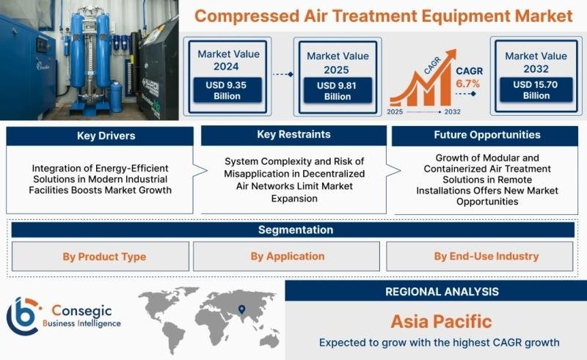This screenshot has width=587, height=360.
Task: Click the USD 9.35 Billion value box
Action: click(x=227, y=90)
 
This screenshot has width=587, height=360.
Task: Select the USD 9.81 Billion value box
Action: click(x=338, y=91)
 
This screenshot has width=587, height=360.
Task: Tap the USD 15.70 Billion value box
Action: click(x=536, y=89)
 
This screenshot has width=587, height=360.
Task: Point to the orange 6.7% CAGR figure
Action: click(x=467, y=84)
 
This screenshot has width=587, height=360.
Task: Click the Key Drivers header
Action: click(x=100, y=136)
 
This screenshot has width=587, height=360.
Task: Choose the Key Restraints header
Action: click(x=293, y=135)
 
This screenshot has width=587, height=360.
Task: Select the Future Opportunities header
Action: click(x=485, y=136)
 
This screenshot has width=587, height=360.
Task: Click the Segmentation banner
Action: click(x=293, y=229)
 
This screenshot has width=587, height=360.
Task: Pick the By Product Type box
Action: click(x=101, y=257)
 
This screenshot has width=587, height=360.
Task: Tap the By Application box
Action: click(x=286, y=257)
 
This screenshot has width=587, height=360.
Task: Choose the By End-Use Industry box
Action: click(x=480, y=257)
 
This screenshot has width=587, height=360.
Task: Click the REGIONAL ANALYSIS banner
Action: click(x=436, y=291)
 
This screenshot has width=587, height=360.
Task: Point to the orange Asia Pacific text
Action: click(x=441, y=321)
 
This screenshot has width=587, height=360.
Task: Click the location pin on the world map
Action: click(x=242, y=309)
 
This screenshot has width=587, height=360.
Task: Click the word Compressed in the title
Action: click(x=247, y=16)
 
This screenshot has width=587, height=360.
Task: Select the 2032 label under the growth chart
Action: click(x=452, y=111)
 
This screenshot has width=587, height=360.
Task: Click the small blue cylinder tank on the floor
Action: click(x=116, y=97)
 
